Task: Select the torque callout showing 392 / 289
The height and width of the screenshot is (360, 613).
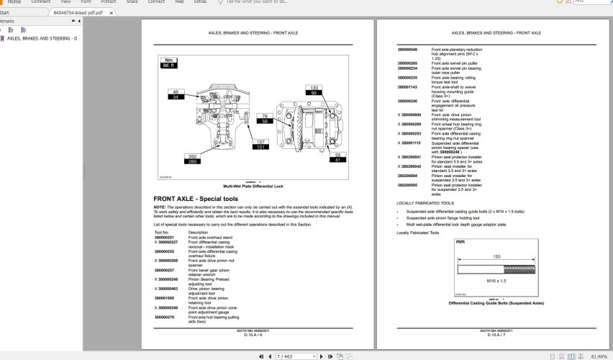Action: point(192,158)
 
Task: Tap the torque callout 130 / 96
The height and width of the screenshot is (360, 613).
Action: point(314,90)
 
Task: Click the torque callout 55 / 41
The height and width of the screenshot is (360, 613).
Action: point(337,157)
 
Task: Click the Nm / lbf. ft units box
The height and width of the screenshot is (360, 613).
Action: point(169,63)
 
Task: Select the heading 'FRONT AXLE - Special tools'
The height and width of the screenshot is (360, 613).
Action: point(196,199)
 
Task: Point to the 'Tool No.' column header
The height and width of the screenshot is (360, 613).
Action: point(162,233)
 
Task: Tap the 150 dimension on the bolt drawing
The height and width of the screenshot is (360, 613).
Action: point(496,256)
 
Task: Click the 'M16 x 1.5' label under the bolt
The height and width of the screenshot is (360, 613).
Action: point(497,279)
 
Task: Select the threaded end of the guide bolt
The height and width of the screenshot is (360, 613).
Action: point(522,271)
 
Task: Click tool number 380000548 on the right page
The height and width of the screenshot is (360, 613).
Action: point(407,49)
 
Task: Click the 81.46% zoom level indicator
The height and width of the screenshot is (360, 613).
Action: point(599,356)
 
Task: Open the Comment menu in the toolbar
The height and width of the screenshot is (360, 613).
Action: point(40,2)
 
